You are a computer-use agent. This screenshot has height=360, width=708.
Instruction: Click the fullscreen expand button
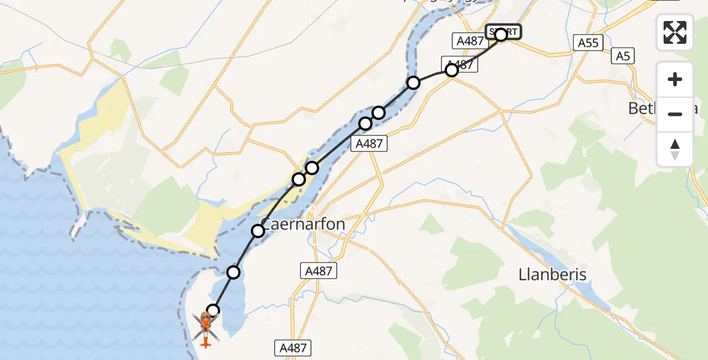tap(675, 32)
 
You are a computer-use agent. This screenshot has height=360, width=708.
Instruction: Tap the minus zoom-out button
tap(675, 114)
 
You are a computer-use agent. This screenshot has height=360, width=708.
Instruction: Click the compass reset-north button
tap(675, 149)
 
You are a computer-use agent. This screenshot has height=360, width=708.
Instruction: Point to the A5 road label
tap(623, 56)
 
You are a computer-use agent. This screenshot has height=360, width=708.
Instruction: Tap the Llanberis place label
tap(552, 274)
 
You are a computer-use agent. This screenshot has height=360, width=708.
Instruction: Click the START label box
tap(503, 31)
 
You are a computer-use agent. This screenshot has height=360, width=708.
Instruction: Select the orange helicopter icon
tap(205, 329)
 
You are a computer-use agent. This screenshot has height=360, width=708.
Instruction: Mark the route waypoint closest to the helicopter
tap(213, 311)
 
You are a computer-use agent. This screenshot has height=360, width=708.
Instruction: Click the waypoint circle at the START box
tap(501, 35)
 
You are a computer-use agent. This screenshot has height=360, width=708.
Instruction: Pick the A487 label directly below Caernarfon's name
tap(319, 271)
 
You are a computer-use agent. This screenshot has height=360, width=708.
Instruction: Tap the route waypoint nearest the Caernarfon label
tap(258, 231)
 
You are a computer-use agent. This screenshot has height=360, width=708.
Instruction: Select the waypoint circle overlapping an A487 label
tap(452, 70)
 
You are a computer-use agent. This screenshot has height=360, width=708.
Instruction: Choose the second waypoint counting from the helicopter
tap(233, 273)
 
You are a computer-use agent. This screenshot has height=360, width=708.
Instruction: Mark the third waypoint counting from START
tap(413, 83)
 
